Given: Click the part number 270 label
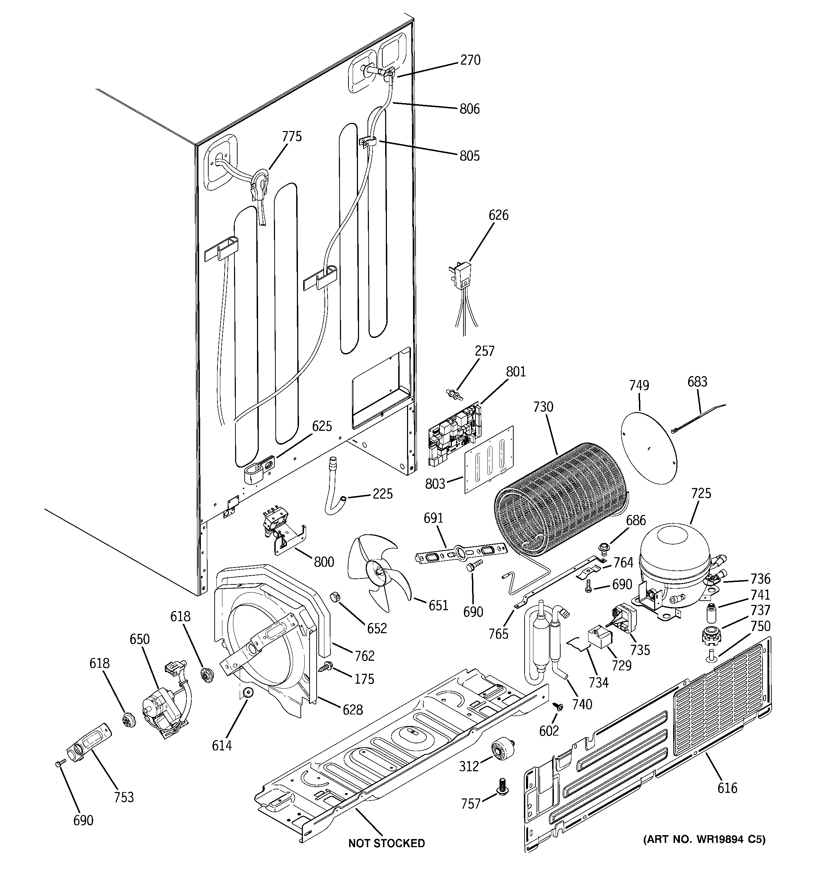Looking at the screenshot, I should pyautogui.click(x=470, y=60).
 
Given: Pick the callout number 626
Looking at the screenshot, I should pyautogui.click(x=498, y=215).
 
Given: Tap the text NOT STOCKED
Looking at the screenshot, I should pyautogui.click(x=387, y=843).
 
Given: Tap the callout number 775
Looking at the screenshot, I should pyautogui.click(x=292, y=137).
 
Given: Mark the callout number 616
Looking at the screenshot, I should pyautogui.click(x=727, y=788).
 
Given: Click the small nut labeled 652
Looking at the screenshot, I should pyautogui.click(x=335, y=598).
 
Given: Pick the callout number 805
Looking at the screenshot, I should pyautogui.click(x=470, y=156).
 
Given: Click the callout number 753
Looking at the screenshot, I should pyautogui.click(x=124, y=797).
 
